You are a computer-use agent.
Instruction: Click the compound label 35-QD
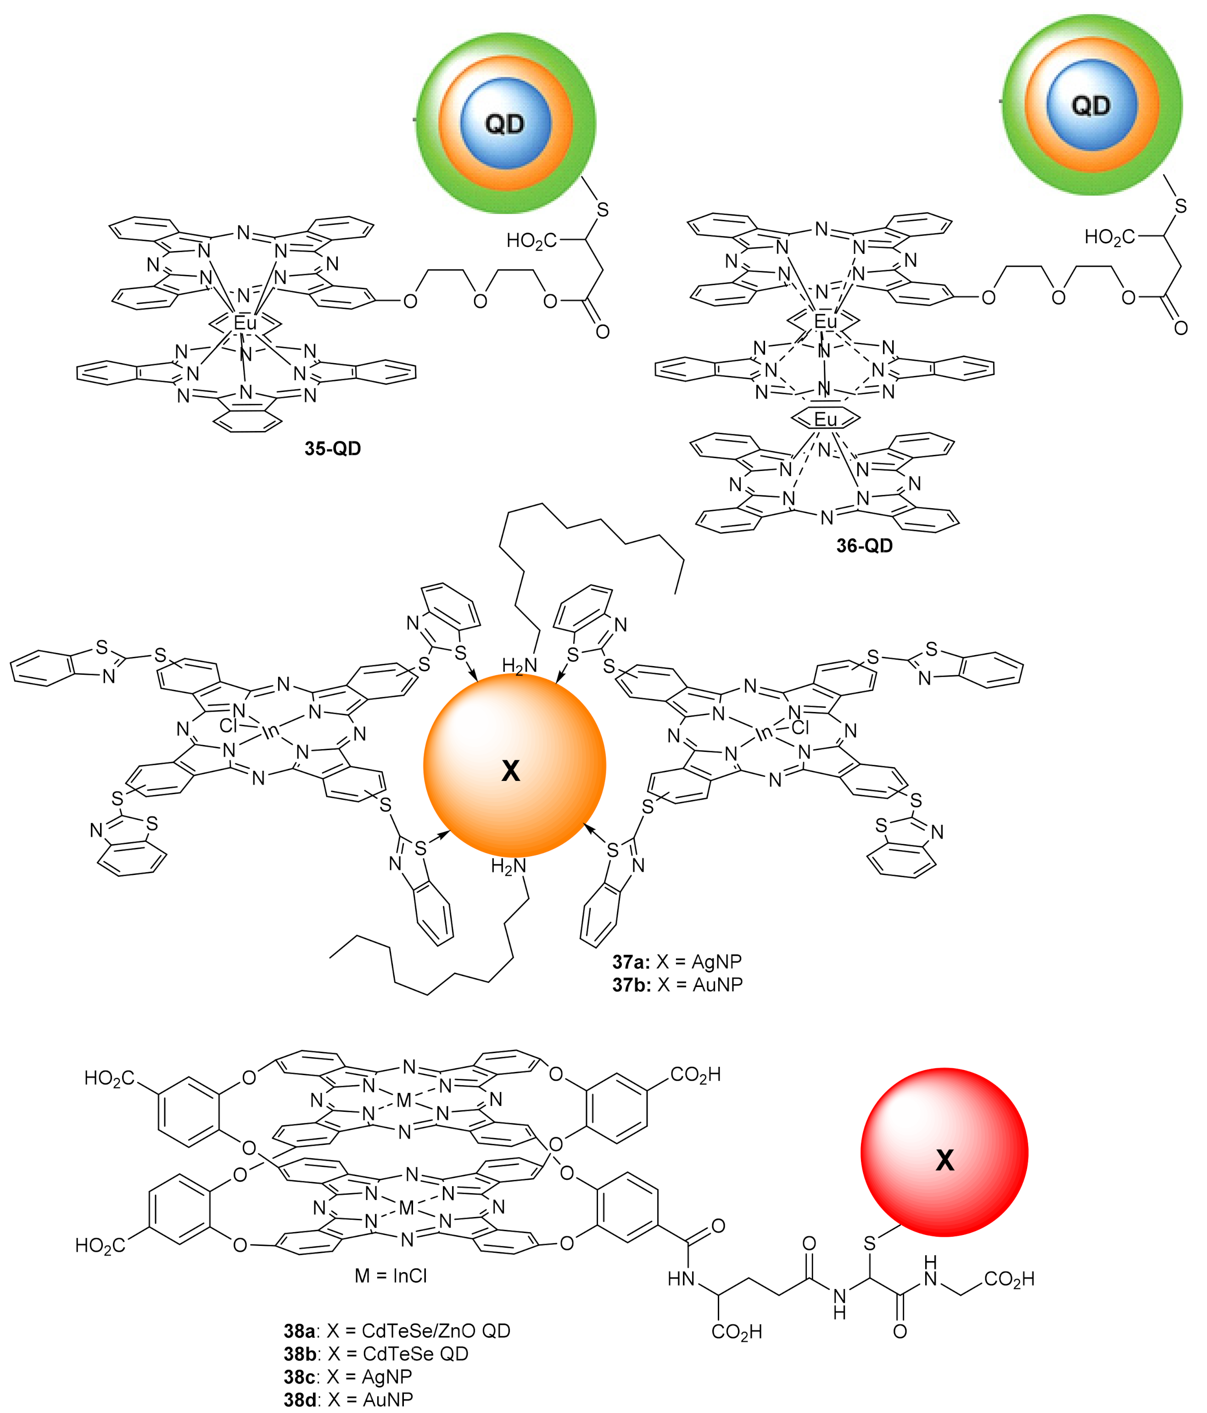point(332,449)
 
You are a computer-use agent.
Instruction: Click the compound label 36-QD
point(864,545)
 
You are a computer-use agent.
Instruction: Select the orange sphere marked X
point(514,764)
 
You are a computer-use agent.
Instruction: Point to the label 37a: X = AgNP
point(676,962)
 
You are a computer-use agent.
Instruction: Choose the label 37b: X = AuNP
point(677,985)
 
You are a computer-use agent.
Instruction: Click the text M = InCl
point(391,1276)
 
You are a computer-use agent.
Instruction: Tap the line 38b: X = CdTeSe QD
point(376,1354)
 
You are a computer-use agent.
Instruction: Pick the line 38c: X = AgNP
point(348,1377)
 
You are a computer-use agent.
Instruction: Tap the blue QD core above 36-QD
point(1091,105)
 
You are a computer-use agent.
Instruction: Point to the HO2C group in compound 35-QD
point(531,241)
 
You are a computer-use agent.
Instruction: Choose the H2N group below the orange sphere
point(509,867)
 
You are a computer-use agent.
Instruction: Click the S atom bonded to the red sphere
point(869,1243)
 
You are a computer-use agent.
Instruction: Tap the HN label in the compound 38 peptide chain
point(681,1278)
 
